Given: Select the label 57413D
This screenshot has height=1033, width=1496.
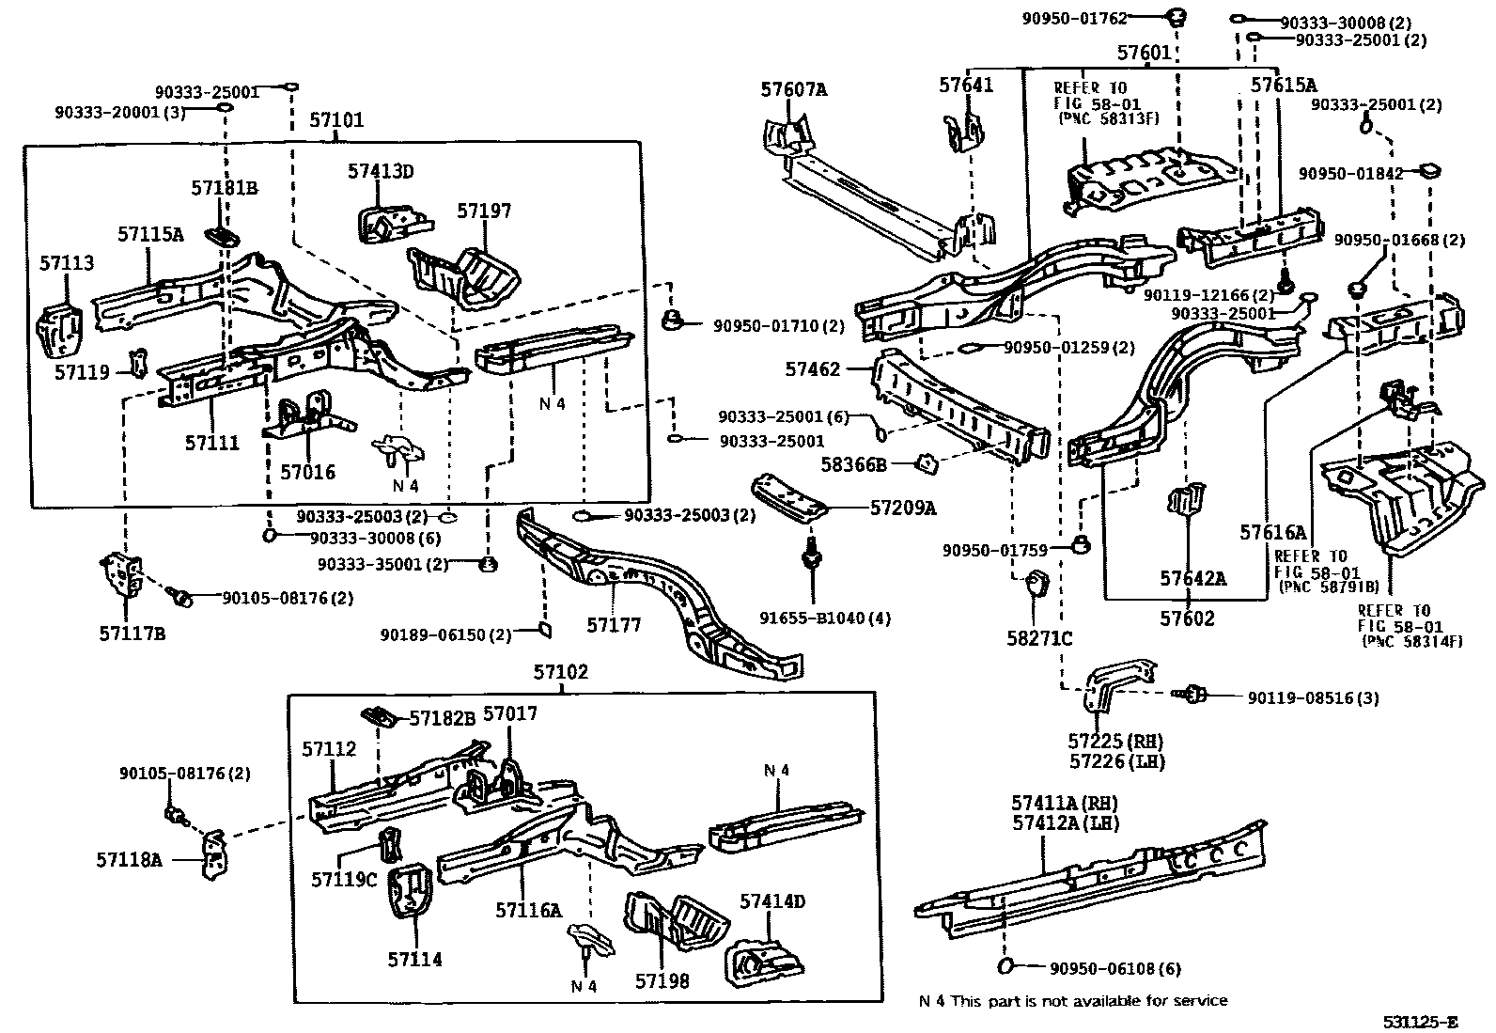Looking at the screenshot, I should pos(380,171).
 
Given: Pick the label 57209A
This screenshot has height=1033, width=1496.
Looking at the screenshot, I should pos(902,508).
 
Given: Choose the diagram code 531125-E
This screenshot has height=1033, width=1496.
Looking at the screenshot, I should pos(1419,1022).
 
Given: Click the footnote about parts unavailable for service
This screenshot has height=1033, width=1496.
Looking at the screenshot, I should pos(1072,1000).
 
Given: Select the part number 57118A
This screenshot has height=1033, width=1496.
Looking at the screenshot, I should pos(129,858).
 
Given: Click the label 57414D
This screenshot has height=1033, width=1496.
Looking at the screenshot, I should pos(771,901).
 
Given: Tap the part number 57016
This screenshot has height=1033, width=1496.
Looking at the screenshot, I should pos(307,472).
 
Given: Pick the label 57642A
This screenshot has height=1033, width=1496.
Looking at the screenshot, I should pos(1192,578).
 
